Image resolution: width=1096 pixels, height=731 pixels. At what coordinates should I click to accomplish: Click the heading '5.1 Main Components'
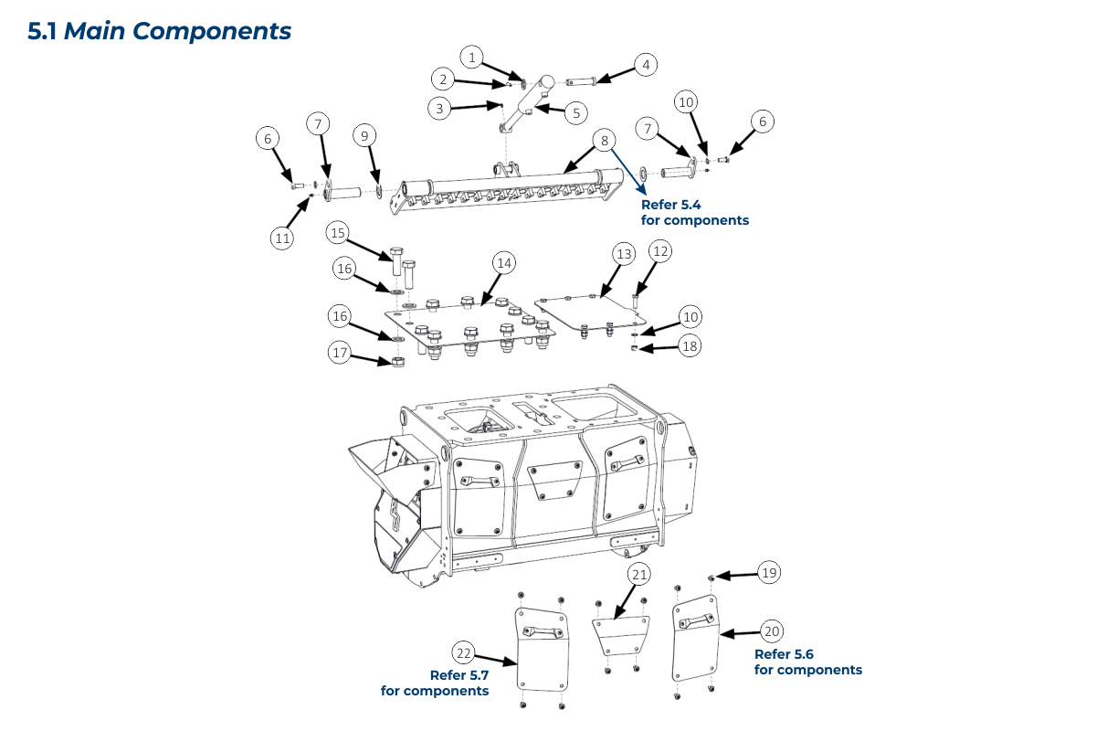tap(160, 30)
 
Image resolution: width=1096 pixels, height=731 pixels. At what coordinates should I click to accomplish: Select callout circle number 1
tap(472, 58)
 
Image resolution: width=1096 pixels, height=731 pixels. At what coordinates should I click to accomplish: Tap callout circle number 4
tap(646, 65)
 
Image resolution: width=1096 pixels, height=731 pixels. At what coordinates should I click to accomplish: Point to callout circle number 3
tap(440, 108)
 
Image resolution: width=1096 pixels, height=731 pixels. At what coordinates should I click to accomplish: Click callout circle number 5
tap(575, 113)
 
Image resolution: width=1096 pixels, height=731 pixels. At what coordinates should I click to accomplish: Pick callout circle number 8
tap(604, 141)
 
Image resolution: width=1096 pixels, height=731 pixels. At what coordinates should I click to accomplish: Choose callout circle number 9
tap(364, 136)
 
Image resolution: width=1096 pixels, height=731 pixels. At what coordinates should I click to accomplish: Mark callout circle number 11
tap(282, 238)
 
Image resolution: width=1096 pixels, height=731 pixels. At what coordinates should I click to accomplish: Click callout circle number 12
tap(660, 250)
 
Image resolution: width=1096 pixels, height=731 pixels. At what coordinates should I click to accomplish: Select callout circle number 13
tap(623, 253)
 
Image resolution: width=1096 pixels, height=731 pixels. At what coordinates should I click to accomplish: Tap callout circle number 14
tap(503, 262)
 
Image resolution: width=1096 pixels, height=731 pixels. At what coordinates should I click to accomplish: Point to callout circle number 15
tap(339, 233)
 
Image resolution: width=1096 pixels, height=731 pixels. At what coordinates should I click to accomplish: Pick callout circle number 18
tap(691, 345)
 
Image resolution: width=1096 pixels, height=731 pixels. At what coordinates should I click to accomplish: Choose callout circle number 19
tap(769, 573)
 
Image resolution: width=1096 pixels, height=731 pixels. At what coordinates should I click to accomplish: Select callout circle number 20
tap(773, 630)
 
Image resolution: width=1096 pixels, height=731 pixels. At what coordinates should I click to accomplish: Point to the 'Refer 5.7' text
tap(459, 675)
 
